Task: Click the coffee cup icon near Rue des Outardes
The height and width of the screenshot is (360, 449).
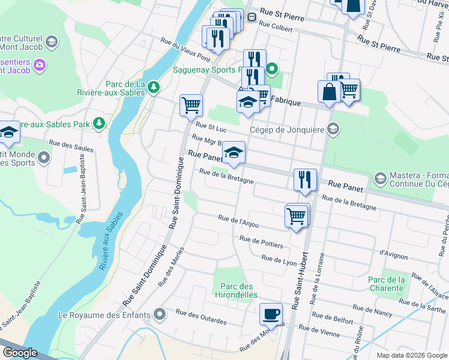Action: (271, 314)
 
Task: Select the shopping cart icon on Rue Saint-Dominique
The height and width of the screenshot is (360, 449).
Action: (191, 105)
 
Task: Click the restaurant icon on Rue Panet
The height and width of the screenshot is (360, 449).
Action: (305, 179)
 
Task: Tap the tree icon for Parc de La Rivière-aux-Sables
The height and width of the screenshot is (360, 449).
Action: (154, 87)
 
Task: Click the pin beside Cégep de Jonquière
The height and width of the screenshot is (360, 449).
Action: (333, 129)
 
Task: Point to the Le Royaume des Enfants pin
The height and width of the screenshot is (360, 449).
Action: (159, 314)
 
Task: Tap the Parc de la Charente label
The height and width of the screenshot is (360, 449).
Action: (386, 284)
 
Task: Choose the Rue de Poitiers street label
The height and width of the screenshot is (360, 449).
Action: (261, 241)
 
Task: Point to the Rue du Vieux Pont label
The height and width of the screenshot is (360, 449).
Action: (185, 50)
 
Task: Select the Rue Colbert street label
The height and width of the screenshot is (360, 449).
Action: (276, 27)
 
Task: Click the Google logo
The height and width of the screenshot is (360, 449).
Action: (19, 353)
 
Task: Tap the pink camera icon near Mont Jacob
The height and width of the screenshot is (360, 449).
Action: (40, 64)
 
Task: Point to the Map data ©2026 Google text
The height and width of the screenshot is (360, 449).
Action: (411, 355)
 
